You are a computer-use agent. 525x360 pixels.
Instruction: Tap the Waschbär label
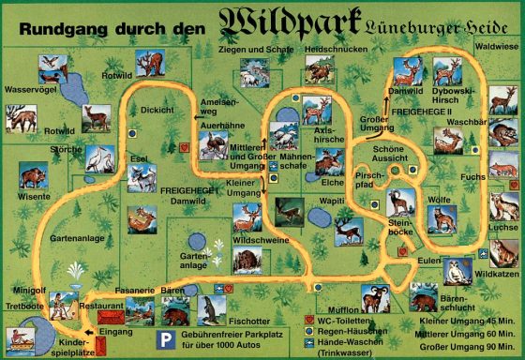point(463,121)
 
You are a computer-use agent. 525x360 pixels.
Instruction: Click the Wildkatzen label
point(496,274)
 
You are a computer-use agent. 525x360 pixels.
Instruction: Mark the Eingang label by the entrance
point(114,331)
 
